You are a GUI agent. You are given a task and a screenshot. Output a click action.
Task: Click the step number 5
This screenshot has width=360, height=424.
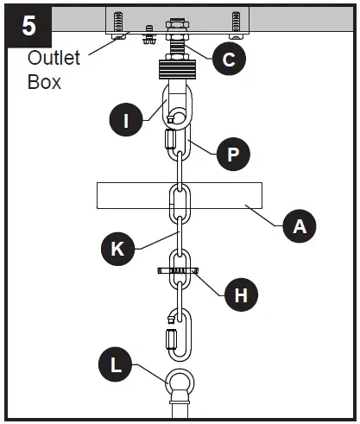point(28,25)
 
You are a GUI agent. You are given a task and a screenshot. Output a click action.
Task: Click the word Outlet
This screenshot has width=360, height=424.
point(54,59)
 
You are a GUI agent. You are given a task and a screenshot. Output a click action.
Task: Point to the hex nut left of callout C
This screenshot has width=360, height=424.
point(151,39)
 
